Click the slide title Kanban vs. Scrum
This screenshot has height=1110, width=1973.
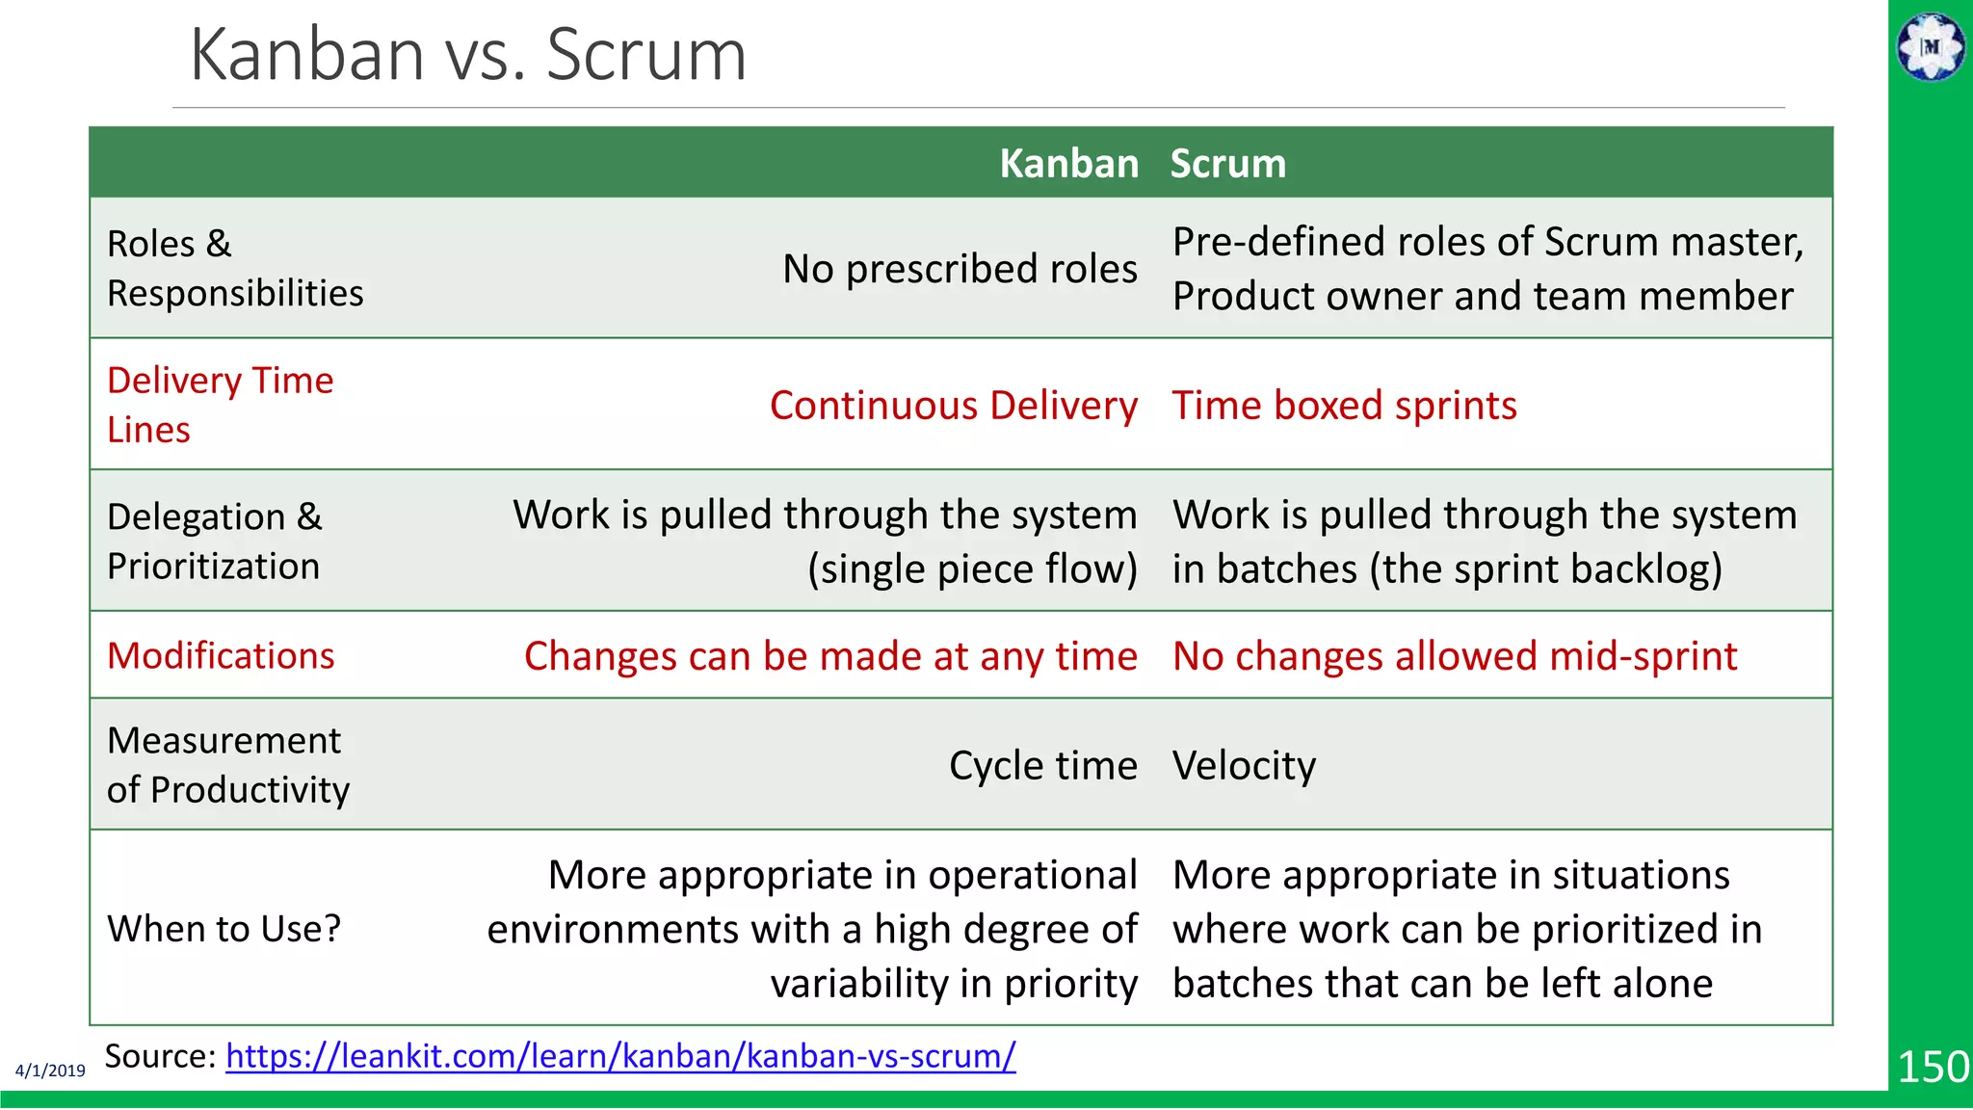click(468, 55)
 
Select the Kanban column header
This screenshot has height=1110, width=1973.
click(1068, 164)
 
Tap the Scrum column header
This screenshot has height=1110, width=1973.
click(1227, 164)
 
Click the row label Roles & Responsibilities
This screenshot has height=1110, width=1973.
click(235, 269)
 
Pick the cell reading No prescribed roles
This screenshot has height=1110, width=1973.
click(960, 269)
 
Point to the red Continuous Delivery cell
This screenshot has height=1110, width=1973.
click(953, 406)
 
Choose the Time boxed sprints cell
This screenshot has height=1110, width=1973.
click(1344, 406)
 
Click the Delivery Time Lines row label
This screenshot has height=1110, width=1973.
click(220, 405)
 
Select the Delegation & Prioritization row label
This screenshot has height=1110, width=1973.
click(214, 542)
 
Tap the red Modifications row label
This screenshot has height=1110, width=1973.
click(221, 656)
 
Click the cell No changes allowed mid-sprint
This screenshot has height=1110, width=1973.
click(1455, 656)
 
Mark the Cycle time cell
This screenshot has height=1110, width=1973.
click(1042, 766)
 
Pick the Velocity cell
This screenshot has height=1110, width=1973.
click(1244, 766)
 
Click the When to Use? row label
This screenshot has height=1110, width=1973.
click(224, 929)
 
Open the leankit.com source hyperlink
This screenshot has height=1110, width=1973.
click(620, 1056)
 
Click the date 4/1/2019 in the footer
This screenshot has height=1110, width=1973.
click(50, 1070)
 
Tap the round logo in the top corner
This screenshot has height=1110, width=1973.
click(1931, 46)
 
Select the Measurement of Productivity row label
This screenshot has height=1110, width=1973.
click(227, 765)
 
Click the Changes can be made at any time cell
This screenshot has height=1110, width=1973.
click(830, 656)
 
